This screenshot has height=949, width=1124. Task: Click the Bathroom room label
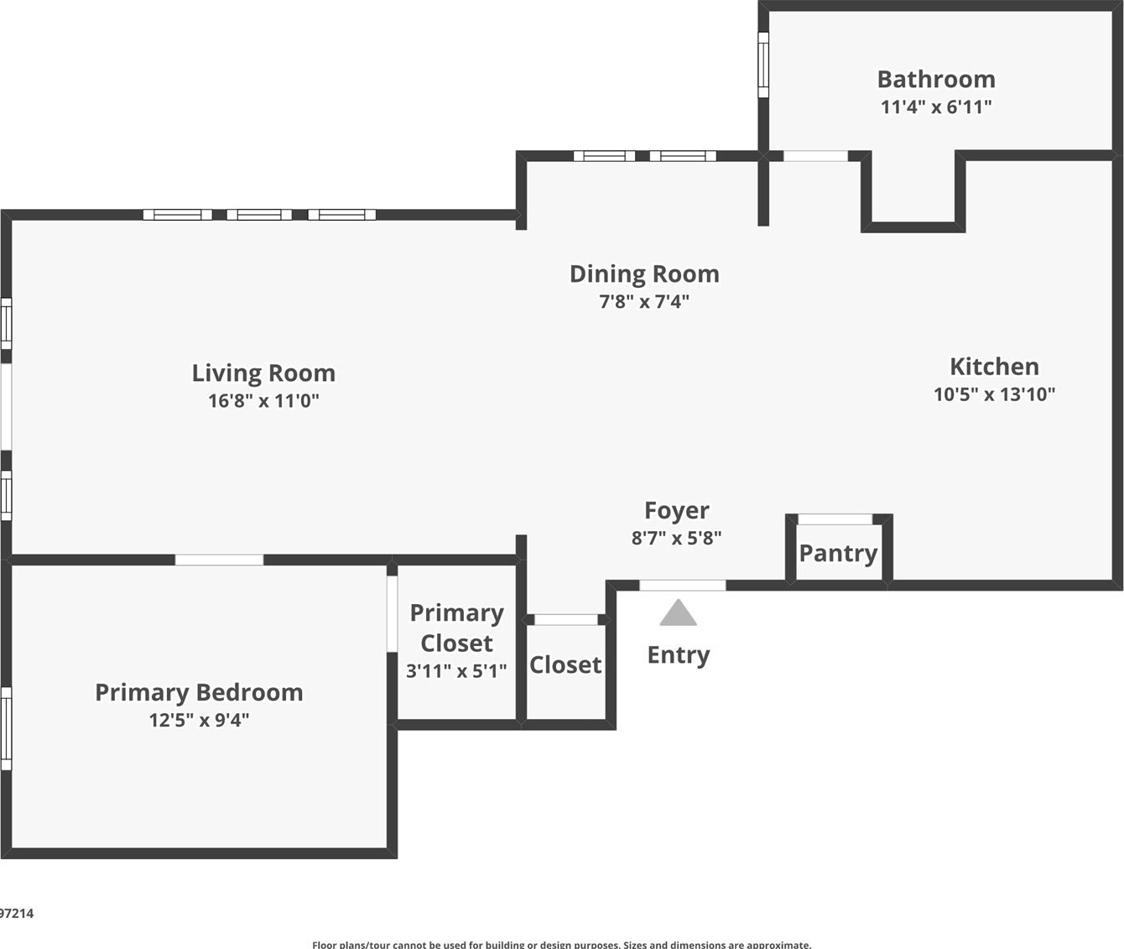pos(936,79)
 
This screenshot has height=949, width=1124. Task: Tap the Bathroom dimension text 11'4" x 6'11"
pos(936,107)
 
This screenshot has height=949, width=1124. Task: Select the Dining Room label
pos(644,274)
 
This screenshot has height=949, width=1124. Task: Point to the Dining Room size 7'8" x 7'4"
pos(644,301)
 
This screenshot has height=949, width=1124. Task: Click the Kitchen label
pos(994,366)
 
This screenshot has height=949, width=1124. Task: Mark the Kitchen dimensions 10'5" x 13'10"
pos(994,394)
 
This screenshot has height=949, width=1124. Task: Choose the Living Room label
pos(263,373)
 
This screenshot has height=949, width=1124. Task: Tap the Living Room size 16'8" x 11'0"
pos(263,400)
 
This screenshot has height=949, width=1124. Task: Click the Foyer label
pos(676,510)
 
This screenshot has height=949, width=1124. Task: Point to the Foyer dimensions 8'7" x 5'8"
pos(676,538)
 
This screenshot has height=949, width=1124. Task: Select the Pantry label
pos(838,553)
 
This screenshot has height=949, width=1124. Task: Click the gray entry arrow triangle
pos(678,614)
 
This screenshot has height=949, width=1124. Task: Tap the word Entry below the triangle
pos(678,654)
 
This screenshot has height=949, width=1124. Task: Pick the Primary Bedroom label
pos(199,692)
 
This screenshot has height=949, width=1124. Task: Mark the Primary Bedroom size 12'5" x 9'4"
pos(199,720)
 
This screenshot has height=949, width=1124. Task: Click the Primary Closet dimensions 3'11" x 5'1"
pos(456,670)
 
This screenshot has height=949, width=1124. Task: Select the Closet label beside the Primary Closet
pos(565,665)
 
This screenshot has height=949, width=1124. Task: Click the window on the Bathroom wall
pos(763,65)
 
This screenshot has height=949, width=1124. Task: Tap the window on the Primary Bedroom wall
pos(6,728)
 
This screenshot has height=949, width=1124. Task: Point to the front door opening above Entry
pos(683,585)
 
